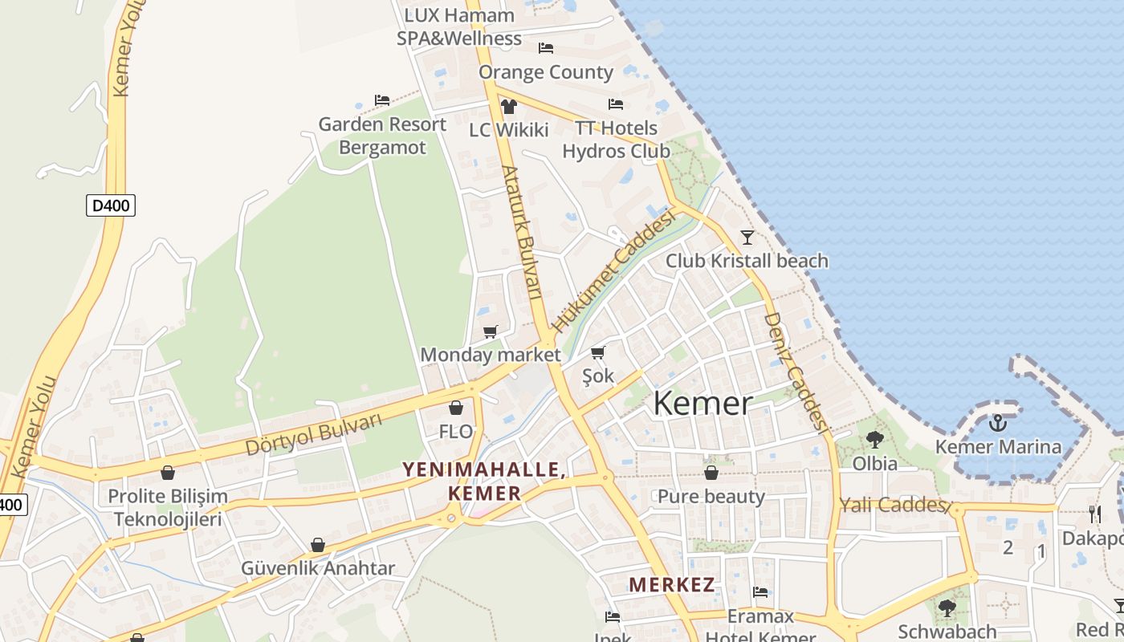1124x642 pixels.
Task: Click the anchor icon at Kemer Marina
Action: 998,422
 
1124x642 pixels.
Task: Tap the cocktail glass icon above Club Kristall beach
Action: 747,237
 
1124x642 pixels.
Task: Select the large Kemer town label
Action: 702,403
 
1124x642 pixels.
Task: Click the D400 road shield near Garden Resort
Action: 111,205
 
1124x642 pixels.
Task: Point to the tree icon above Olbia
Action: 874,439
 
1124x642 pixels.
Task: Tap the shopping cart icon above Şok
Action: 598,352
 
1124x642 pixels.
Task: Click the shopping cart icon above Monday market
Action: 491,331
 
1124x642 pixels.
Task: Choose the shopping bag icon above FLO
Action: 456,408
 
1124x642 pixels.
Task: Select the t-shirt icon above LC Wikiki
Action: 508,106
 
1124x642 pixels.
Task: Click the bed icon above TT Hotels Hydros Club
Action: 616,104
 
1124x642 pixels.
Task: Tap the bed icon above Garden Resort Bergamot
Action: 382,100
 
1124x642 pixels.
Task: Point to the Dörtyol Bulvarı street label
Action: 314,434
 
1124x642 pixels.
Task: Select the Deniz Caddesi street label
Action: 795,371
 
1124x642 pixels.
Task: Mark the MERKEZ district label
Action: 671,584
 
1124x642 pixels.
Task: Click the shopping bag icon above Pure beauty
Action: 711,473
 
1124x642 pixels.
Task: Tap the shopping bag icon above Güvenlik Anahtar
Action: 318,545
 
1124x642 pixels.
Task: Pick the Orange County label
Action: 546,72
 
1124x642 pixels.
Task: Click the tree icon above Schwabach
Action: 947,607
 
